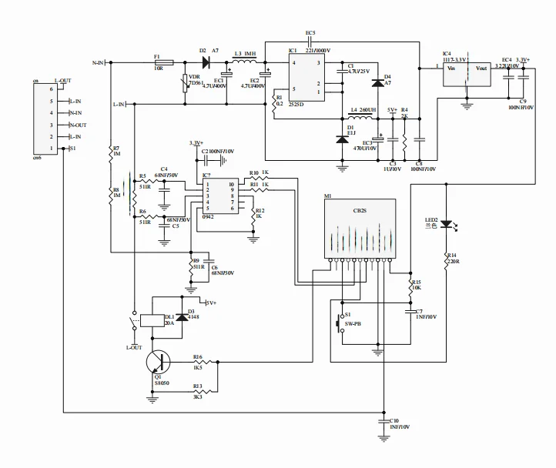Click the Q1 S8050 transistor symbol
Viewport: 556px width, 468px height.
click(x=159, y=362)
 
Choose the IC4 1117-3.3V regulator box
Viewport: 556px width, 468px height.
click(x=467, y=73)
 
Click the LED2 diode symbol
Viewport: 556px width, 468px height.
click(x=447, y=223)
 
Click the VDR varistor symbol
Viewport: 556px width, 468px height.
click(x=186, y=83)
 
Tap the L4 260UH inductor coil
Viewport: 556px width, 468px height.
click(x=358, y=118)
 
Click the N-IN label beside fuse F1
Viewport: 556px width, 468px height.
click(x=99, y=62)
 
